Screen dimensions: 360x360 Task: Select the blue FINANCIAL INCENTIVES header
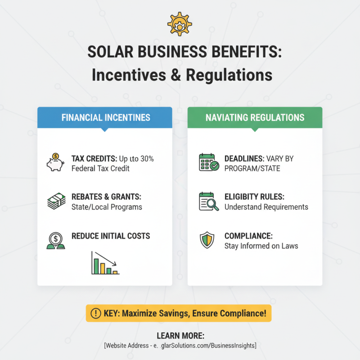click(105, 118)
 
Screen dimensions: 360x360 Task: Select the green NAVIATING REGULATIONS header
click(255, 118)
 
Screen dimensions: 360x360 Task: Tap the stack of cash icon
click(56, 201)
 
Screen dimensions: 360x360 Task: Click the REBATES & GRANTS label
click(107, 197)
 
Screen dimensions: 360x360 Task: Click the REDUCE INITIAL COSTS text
click(111, 236)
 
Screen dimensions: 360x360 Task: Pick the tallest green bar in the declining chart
click(95, 264)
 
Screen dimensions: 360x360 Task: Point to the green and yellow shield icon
click(207, 240)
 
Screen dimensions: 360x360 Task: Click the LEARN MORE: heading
click(180, 336)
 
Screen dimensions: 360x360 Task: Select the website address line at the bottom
click(180, 345)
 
